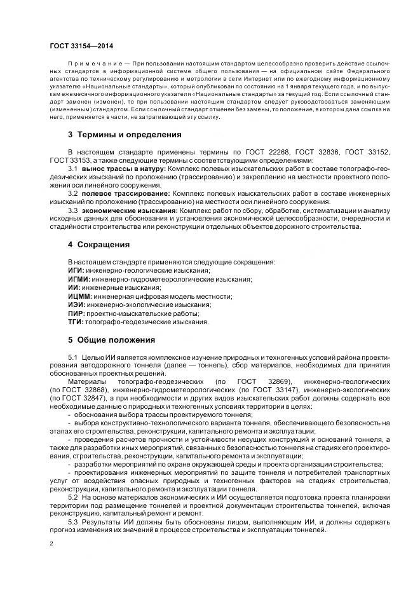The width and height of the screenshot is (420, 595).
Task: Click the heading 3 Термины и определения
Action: point(125,135)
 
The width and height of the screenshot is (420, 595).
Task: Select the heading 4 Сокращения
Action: point(98,244)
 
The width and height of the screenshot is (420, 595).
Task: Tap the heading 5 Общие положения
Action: point(111,339)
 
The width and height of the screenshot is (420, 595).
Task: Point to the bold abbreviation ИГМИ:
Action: point(79,278)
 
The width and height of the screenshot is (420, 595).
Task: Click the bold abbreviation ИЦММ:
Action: point(79,296)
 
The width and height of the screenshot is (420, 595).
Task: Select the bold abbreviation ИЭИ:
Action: point(76,304)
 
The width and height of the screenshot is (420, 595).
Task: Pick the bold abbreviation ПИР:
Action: point(76,313)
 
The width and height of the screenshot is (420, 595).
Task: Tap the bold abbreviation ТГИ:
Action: point(76,322)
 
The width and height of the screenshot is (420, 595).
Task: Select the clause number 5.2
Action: point(72,496)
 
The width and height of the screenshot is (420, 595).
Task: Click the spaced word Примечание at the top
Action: point(94,64)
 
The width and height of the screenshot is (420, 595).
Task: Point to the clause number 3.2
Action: point(73,193)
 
